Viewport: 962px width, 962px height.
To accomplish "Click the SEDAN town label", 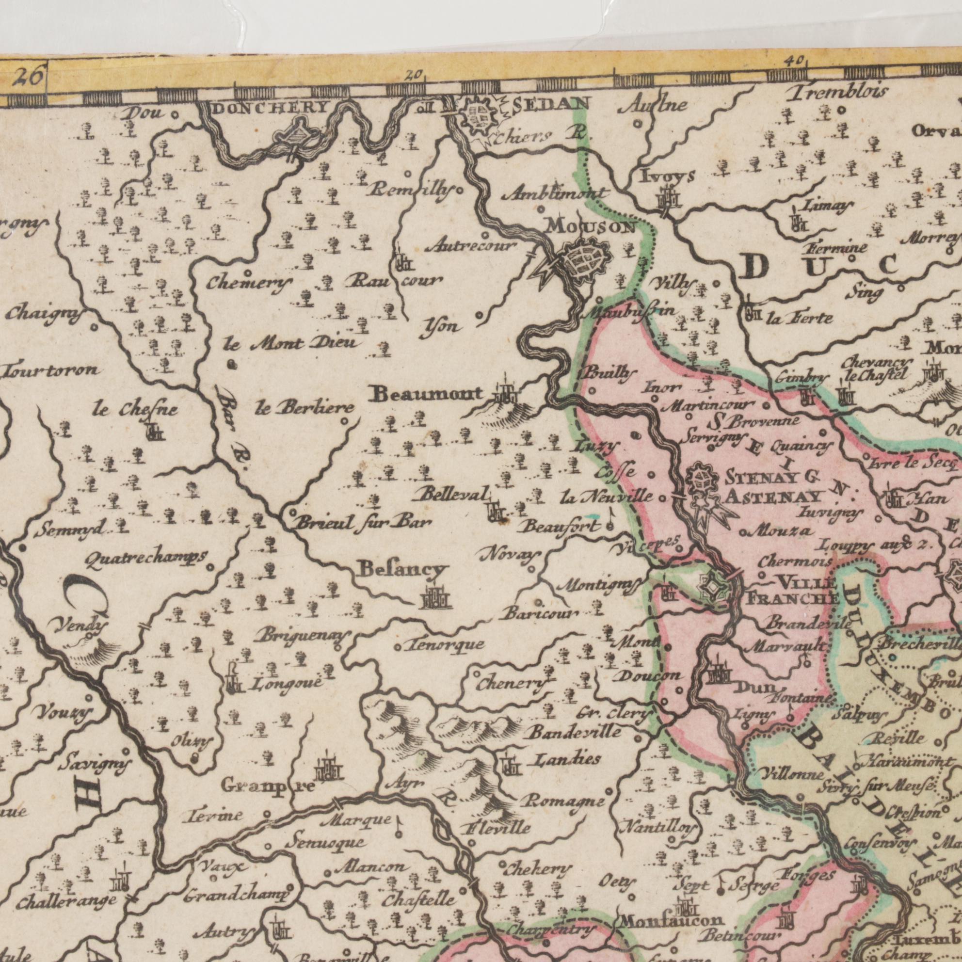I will pyautogui.click(x=550, y=104).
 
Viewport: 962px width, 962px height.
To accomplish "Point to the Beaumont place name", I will pyautogui.click(x=428, y=394).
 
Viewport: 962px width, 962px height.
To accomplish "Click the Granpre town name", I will pyautogui.click(x=268, y=787).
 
